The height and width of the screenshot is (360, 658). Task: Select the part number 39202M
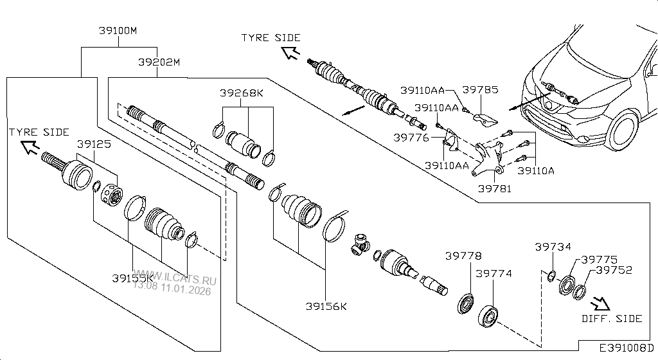coord(159,62)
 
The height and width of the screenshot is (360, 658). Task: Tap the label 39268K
coord(242,93)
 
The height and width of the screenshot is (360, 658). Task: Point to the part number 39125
coord(94,145)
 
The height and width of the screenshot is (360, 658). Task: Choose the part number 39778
coord(463,256)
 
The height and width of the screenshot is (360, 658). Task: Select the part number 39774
coord(493,273)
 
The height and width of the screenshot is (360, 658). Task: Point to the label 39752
coord(614,271)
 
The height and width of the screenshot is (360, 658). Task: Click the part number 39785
coord(480,90)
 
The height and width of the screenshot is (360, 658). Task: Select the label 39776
coord(411,137)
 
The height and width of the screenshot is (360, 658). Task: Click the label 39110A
coord(535,171)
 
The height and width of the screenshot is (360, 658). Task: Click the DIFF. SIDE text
coord(612,319)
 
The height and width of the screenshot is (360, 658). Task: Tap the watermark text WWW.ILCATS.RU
coord(175,280)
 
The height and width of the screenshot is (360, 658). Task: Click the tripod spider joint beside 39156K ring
coord(361,246)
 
